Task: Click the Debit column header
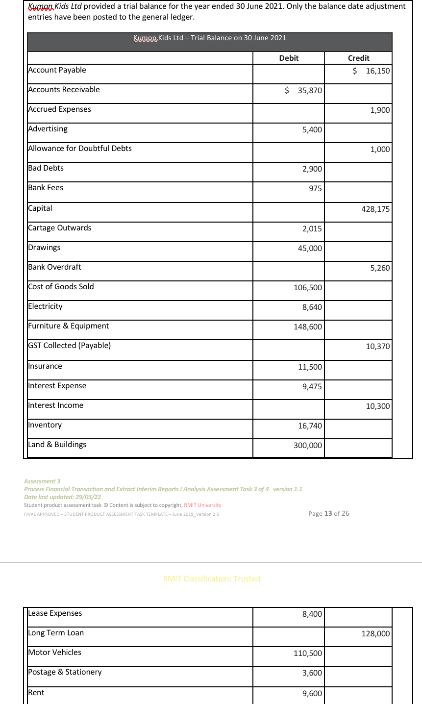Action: coord(289,58)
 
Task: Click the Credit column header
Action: coord(358,58)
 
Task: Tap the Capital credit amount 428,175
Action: coord(375,209)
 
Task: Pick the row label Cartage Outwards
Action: coord(60,228)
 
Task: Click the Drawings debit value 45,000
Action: coord(310,248)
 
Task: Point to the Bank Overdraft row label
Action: coord(55,267)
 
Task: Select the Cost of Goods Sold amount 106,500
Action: coord(308,287)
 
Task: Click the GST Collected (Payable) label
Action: coord(70,346)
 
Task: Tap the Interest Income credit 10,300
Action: coord(377,406)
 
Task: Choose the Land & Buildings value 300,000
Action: coord(308,445)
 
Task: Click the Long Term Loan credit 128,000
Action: coord(375,633)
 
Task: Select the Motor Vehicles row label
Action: coord(55,653)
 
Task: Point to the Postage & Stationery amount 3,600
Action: coord(312,673)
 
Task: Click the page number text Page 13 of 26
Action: coord(329,513)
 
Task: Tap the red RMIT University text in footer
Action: coord(202,505)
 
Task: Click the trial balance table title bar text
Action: coord(210,38)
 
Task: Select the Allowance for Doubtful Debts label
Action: coord(80,149)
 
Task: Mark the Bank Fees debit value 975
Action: coord(315,188)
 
